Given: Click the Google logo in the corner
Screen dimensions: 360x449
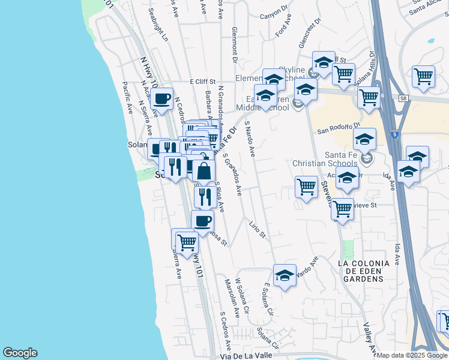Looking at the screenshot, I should point(20,353).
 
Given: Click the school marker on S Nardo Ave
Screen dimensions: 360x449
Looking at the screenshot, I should point(285,276).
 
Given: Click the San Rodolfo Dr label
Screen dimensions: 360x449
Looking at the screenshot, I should point(338,128).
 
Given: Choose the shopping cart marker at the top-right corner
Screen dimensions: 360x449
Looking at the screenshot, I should point(424,77).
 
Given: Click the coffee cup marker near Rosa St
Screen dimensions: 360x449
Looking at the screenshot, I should point(203,221).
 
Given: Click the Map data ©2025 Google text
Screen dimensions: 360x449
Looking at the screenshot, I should point(412,355).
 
